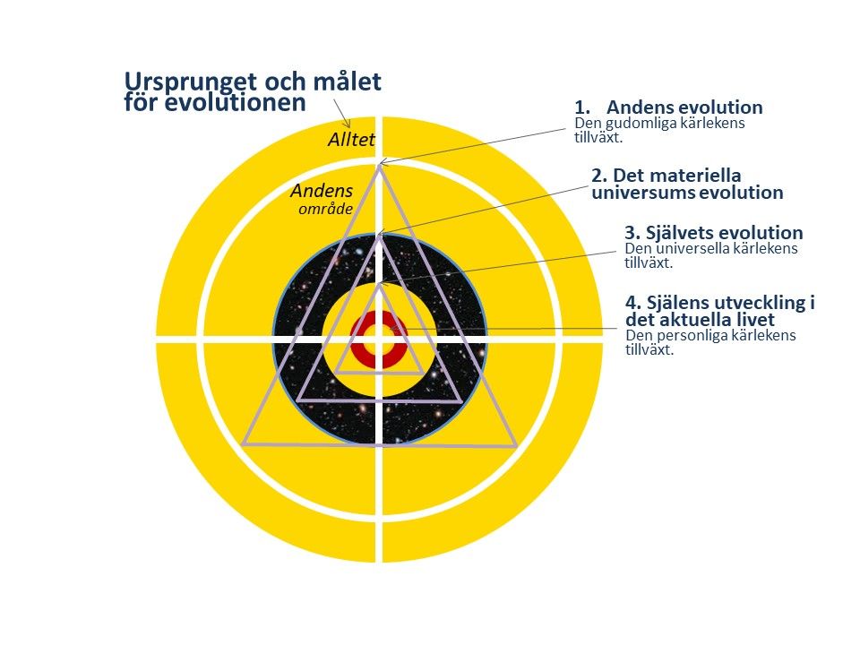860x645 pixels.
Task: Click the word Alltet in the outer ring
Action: point(351,140)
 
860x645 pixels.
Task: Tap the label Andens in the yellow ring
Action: point(322,191)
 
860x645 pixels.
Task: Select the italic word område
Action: point(325,209)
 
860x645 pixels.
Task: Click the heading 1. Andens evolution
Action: point(668,107)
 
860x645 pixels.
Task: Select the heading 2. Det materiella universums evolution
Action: point(687,184)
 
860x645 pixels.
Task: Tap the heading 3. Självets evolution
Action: point(714,233)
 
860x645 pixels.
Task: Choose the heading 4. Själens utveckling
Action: point(720,311)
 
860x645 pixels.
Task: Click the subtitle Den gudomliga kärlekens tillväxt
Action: point(659,130)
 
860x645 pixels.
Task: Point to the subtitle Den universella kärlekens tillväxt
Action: point(710,255)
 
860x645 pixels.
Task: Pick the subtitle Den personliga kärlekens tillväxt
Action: point(710,342)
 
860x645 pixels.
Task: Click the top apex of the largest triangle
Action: point(379,166)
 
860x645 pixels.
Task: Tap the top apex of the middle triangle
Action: point(379,236)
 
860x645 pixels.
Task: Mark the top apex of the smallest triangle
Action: point(379,284)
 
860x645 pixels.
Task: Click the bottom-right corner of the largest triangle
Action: point(516,446)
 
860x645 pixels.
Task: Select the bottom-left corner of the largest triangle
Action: point(242,443)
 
